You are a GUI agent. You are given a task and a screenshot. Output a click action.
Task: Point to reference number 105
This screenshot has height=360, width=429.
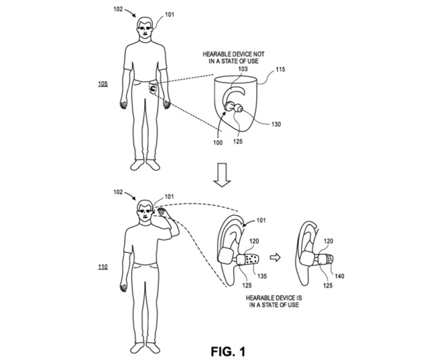coord(103,85)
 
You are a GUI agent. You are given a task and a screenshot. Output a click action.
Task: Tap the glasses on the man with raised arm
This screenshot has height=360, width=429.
coord(144,215)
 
